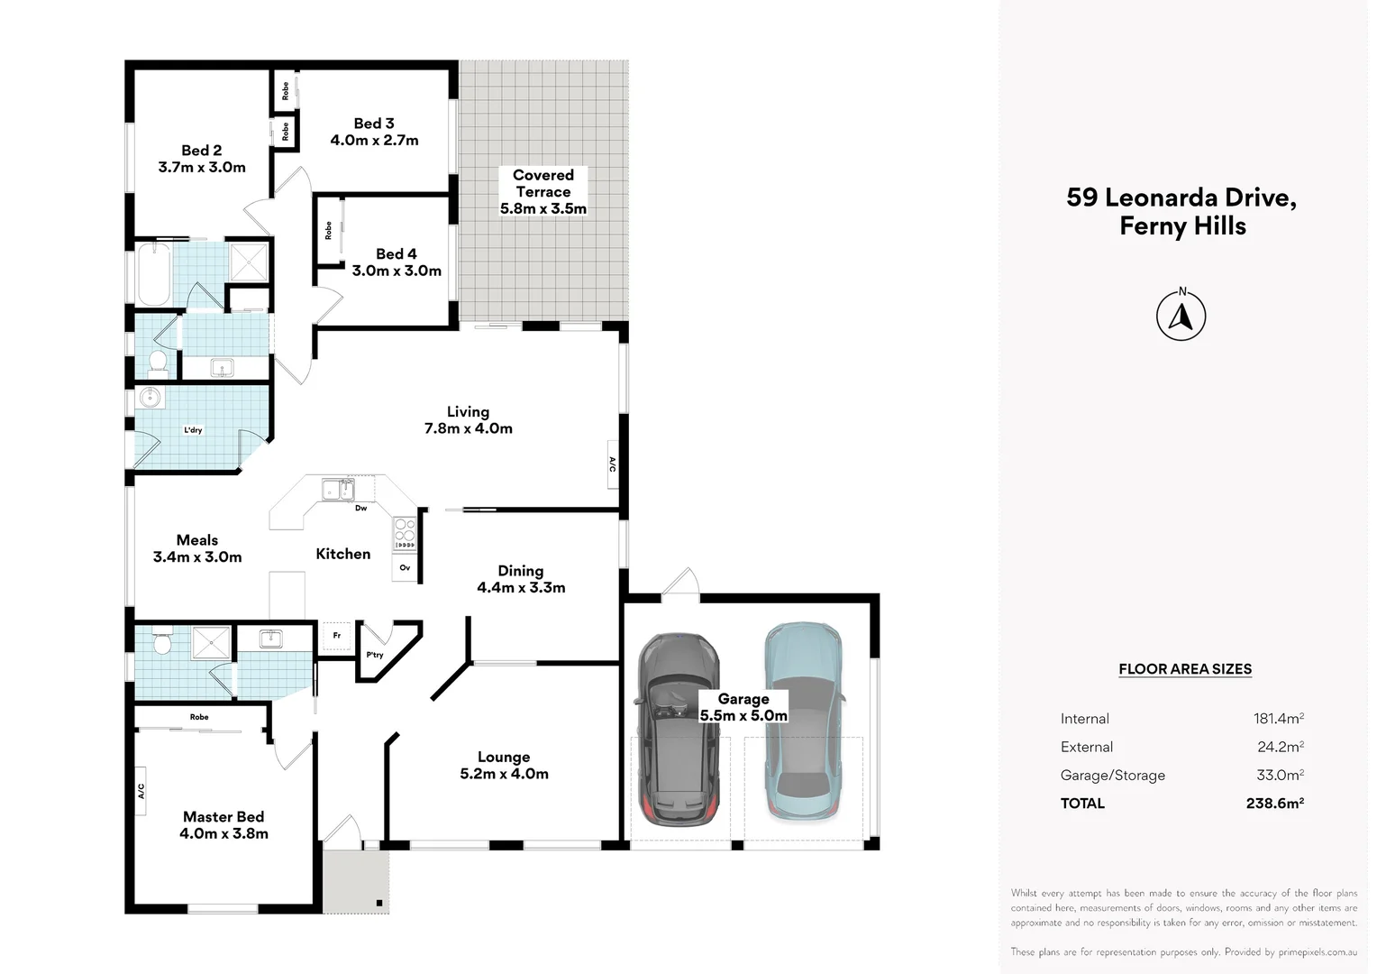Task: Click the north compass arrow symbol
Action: tap(1181, 317)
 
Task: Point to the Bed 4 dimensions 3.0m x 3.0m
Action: tap(397, 271)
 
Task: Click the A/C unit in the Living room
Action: tap(612, 464)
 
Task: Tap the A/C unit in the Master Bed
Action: tap(141, 791)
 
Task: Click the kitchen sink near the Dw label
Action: tap(338, 490)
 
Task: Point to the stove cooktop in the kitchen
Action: tap(405, 533)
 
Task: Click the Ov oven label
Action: tap(405, 568)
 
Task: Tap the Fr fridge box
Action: tap(337, 636)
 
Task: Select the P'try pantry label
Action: tap(374, 655)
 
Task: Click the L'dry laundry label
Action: tap(193, 430)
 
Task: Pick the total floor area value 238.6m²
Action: tap(1274, 803)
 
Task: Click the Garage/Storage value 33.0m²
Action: tap(1278, 775)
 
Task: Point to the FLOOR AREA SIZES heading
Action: tap(1184, 669)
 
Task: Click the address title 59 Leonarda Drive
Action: tap(1181, 198)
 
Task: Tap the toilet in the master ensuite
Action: tap(162, 641)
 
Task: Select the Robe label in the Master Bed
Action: tap(199, 717)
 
